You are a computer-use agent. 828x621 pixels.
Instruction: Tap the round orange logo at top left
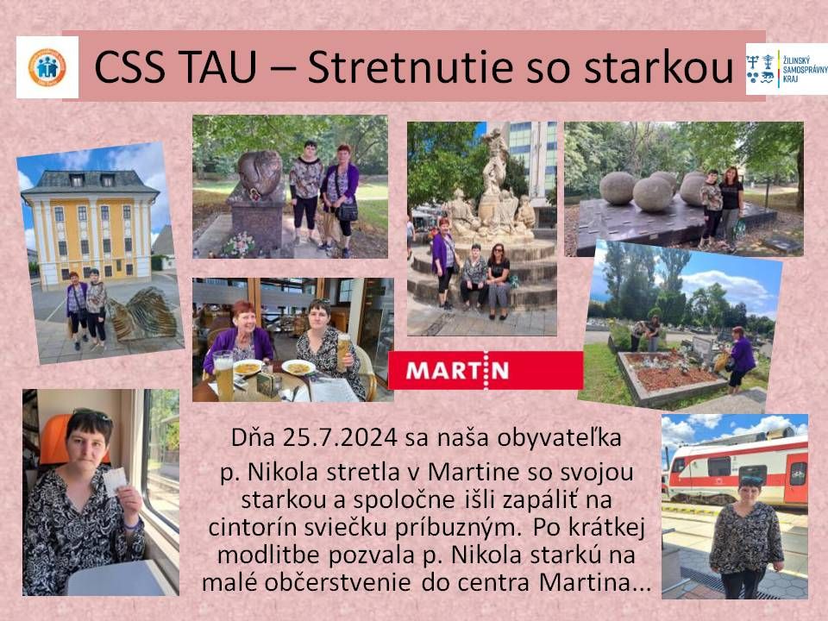(47, 66)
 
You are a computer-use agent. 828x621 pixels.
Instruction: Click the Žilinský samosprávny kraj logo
(786, 68)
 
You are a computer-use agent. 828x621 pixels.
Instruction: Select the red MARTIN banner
(486, 371)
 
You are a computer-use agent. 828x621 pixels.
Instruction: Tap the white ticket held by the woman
(116, 480)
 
